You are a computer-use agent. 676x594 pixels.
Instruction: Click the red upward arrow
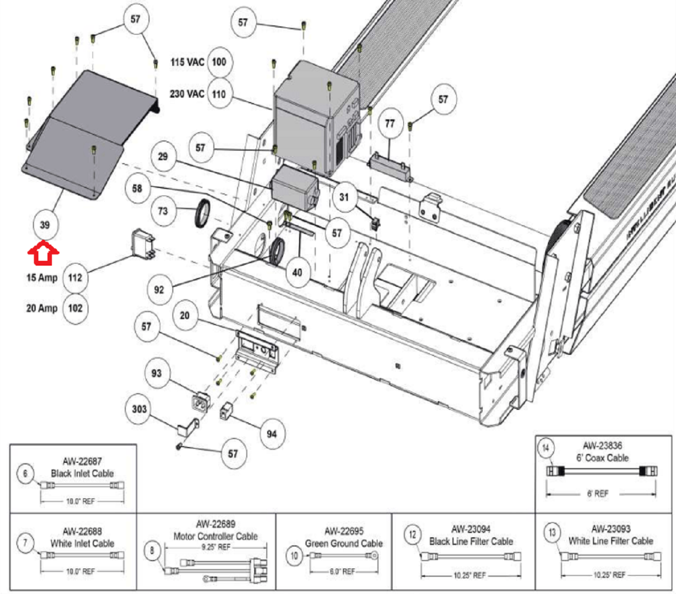(43, 254)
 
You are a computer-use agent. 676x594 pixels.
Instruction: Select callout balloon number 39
(45, 225)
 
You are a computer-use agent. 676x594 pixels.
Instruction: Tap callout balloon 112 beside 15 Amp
(75, 278)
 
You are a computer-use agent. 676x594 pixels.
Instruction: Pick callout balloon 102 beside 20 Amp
(75, 308)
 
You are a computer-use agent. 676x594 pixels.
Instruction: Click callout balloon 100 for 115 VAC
(219, 62)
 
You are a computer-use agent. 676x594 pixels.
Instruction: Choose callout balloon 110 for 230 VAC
(219, 94)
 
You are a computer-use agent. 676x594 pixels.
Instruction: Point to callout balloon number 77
(390, 124)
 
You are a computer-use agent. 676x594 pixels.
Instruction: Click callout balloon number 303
(139, 409)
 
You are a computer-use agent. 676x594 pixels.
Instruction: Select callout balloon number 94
(272, 434)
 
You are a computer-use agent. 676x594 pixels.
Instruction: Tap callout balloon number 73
(163, 211)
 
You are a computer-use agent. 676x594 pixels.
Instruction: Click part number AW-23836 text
(602, 446)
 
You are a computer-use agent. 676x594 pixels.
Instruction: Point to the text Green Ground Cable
(343, 543)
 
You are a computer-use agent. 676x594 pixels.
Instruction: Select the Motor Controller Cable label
(215, 536)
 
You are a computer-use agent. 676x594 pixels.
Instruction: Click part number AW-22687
(82, 461)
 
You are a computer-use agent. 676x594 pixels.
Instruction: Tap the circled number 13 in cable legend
(552, 533)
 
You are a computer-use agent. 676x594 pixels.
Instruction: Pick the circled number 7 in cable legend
(25, 542)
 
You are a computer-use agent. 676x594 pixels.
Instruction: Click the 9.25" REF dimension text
(216, 547)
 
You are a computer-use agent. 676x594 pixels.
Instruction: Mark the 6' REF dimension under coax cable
(598, 494)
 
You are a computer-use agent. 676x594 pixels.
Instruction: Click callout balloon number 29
(163, 157)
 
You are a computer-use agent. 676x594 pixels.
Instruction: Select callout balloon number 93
(156, 373)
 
